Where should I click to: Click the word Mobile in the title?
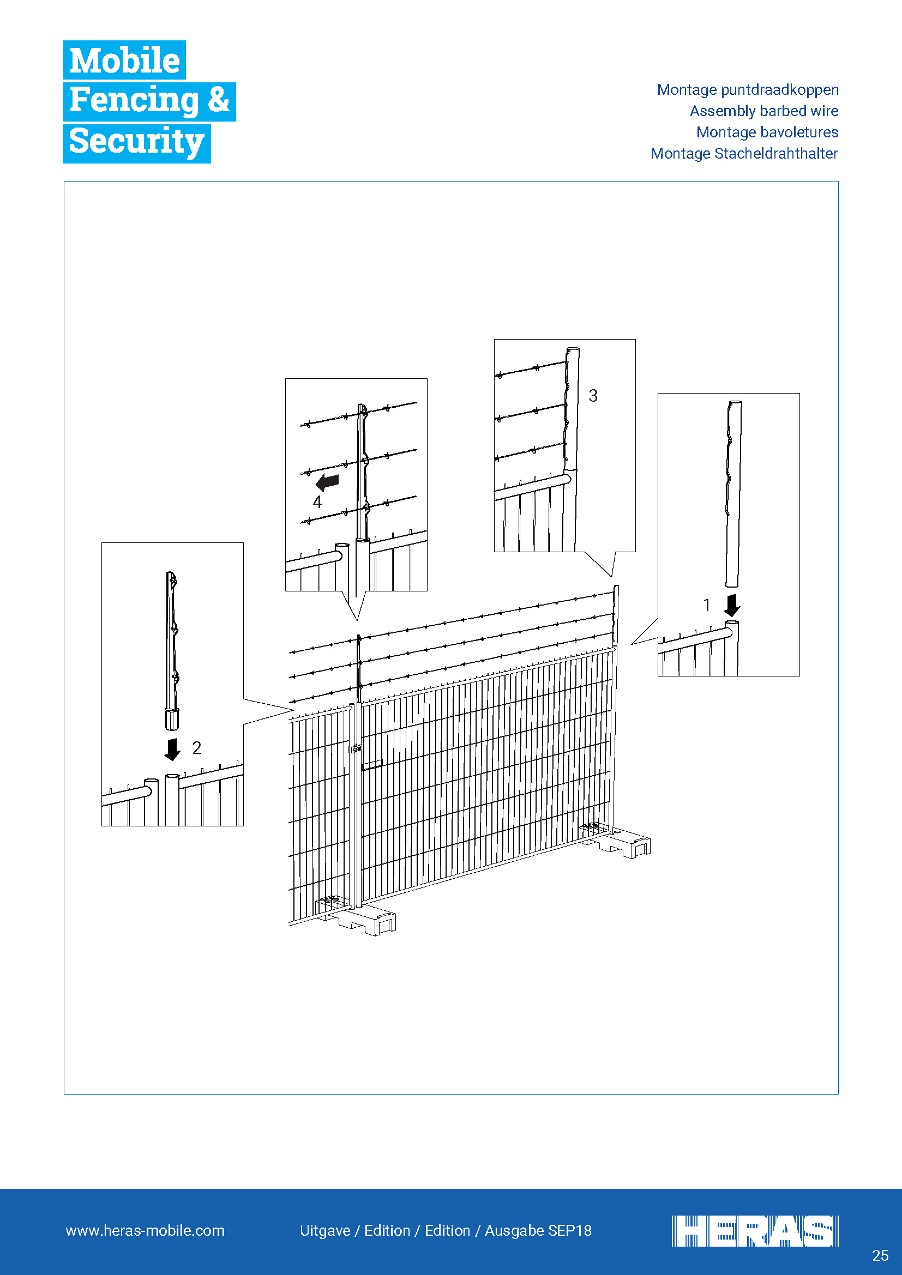click(x=124, y=60)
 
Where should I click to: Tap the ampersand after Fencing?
click(x=218, y=100)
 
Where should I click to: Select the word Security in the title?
click(x=137, y=142)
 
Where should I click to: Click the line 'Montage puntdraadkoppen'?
click(x=748, y=90)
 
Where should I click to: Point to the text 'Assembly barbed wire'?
click(x=763, y=111)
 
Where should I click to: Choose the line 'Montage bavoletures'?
click(x=767, y=132)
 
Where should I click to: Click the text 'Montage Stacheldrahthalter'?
click(x=744, y=153)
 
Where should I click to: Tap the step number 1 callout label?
click(x=706, y=605)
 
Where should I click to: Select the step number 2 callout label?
click(x=197, y=748)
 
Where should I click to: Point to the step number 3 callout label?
click(x=593, y=396)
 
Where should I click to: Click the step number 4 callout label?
click(x=317, y=502)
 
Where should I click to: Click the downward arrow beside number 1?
click(x=732, y=605)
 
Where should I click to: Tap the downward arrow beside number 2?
click(x=173, y=749)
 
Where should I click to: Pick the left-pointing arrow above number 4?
click(x=327, y=482)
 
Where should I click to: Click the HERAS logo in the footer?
click(x=755, y=1231)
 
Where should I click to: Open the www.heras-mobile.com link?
click(x=145, y=1231)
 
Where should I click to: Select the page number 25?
click(x=880, y=1255)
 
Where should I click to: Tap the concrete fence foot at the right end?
click(x=617, y=841)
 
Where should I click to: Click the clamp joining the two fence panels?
click(x=356, y=748)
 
